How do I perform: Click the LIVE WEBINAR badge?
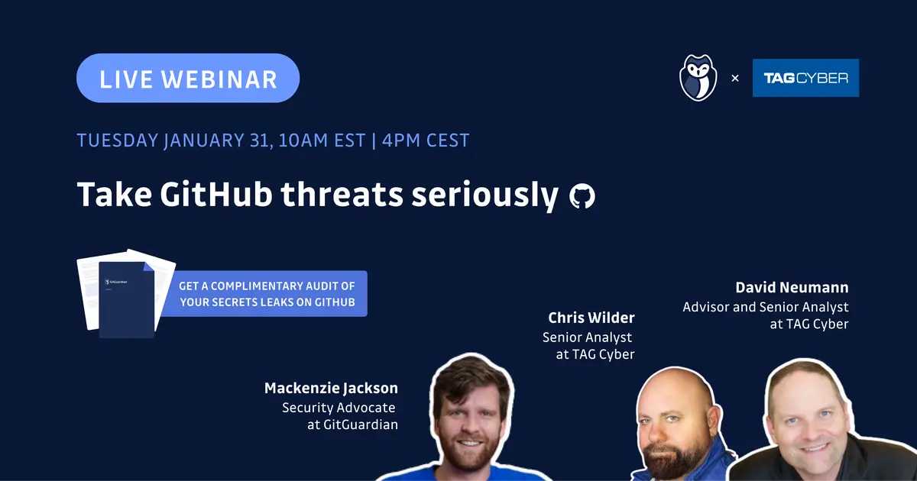(x=188, y=78)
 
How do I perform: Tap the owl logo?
(x=698, y=78)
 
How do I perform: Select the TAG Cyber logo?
(x=805, y=78)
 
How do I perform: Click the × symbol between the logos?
(x=735, y=78)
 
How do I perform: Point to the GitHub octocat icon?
(x=582, y=196)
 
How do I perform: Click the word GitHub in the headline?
(x=216, y=194)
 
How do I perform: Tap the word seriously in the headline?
(x=484, y=196)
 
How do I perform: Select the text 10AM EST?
(x=322, y=140)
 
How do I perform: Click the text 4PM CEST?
(x=426, y=140)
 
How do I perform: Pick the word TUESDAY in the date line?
(x=118, y=140)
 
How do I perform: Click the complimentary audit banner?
(x=265, y=294)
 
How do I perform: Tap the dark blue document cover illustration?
(x=127, y=300)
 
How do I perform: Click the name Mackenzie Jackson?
(x=331, y=388)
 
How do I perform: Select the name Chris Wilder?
(x=591, y=318)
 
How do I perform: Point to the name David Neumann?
(x=792, y=288)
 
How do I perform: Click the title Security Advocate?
(x=339, y=408)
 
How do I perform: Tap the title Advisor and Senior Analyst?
(x=766, y=307)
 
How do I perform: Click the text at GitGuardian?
(x=352, y=425)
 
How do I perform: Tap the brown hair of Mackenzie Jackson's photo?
(x=471, y=379)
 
